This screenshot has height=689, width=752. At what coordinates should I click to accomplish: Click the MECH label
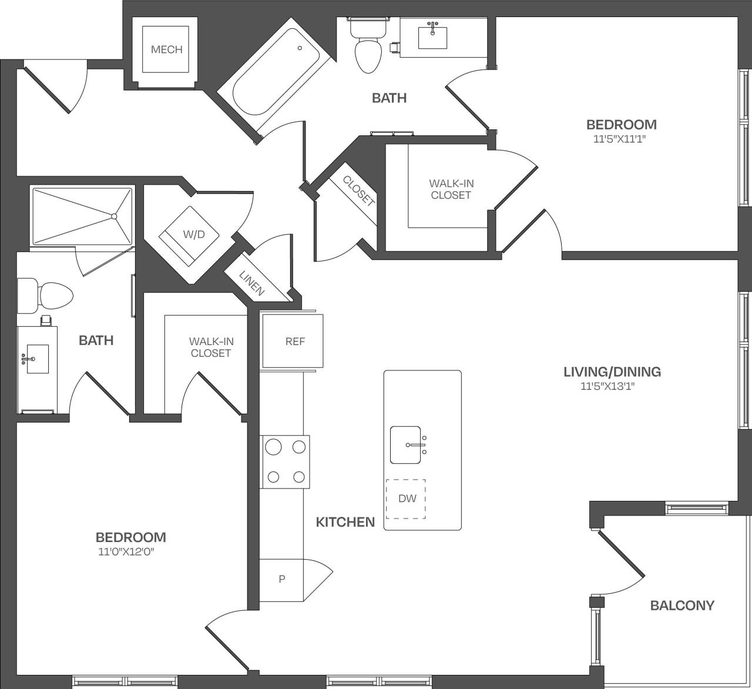[166, 49]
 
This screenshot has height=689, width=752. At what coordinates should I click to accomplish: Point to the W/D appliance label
[193, 235]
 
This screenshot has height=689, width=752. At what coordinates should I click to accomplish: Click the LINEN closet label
[252, 283]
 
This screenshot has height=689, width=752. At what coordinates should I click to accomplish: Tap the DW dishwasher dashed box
[406, 499]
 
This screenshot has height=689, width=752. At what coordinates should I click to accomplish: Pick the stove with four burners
[285, 461]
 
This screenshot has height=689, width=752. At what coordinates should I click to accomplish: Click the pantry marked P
[282, 579]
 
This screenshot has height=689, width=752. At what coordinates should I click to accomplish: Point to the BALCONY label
[682, 605]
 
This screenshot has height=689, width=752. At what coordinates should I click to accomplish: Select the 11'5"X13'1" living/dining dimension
[612, 386]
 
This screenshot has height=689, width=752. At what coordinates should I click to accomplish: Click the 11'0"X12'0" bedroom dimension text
[130, 552]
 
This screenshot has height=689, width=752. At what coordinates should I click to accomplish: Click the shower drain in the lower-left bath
[115, 216]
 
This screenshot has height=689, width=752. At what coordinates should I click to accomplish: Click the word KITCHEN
[345, 522]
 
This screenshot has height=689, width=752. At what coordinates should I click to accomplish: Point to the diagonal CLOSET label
[358, 191]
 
